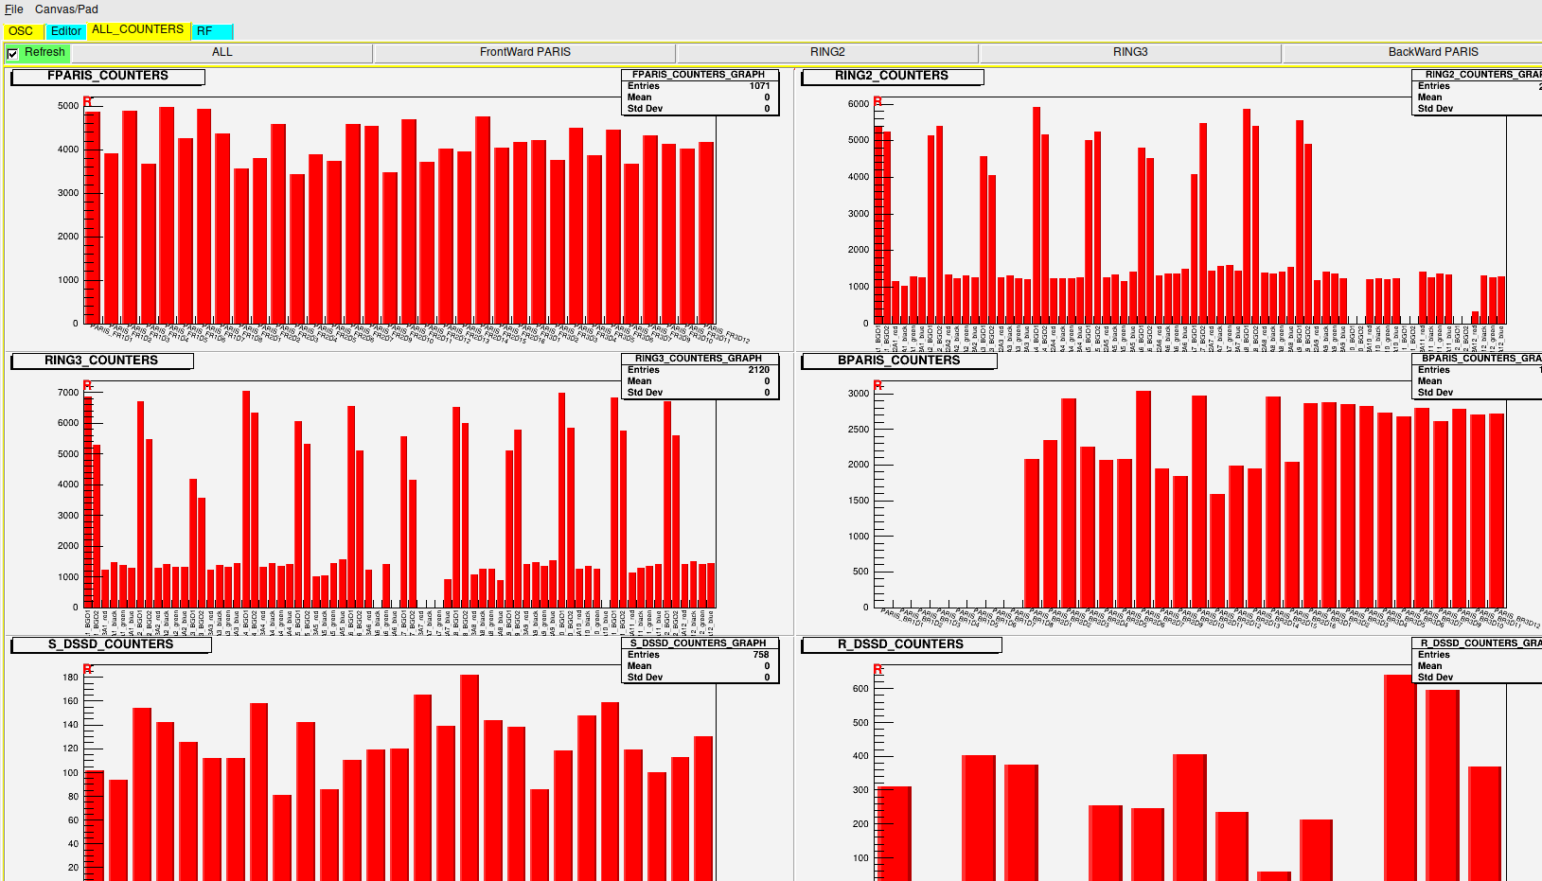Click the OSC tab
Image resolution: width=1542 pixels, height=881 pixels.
click(x=21, y=31)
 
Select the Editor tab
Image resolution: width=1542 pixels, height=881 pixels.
click(x=65, y=31)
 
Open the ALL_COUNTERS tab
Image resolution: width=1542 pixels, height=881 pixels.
click(x=137, y=29)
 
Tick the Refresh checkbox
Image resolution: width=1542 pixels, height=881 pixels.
click(x=12, y=54)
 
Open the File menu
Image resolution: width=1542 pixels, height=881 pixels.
click(x=13, y=9)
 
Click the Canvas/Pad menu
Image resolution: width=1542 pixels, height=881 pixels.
click(x=66, y=9)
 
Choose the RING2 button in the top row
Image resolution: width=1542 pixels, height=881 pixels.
click(x=827, y=52)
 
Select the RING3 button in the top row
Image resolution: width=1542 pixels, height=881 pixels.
click(x=1129, y=52)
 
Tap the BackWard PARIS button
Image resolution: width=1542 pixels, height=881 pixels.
click(x=1432, y=52)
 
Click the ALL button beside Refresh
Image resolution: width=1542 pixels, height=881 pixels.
click(x=222, y=52)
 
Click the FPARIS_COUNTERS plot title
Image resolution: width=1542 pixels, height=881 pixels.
click(x=108, y=76)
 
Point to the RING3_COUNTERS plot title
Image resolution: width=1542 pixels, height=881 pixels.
click(x=101, y=361)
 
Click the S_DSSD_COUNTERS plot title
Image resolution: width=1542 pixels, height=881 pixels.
click(x=111, y=644)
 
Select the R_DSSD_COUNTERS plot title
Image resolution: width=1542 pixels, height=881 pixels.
click(x=900, y=644)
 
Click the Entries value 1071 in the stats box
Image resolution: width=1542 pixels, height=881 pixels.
click(x=759, y=86)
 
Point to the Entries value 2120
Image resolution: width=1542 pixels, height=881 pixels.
click(x=758, y=370)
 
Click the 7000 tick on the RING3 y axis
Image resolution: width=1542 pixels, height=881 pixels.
click(x=68, y=392)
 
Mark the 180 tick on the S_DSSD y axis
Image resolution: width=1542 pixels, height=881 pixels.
click(x=71, y=678)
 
